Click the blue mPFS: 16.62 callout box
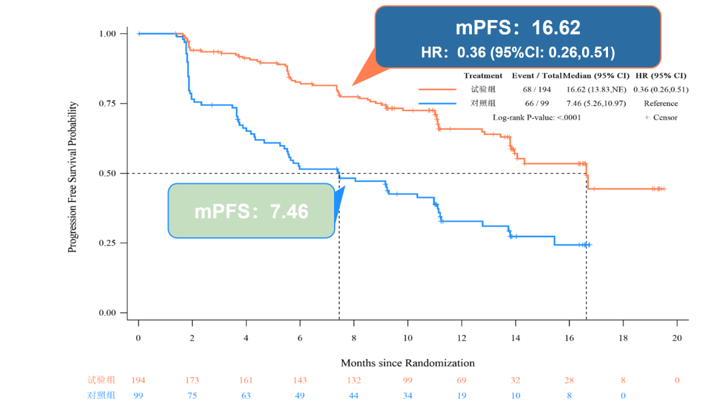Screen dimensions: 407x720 tap(517, 37)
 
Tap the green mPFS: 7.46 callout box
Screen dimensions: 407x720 tap(251, 211)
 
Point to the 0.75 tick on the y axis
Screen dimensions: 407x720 tap(108, 103)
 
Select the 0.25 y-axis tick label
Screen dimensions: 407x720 tap(108, 243)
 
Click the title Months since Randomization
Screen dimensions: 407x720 tap(407, 363)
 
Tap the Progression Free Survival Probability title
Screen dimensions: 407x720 tap(73, 177)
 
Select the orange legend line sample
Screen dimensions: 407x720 tap(437, 89)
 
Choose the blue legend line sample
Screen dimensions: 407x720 tap(437, 103)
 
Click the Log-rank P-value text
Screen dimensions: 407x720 tap(537, 117)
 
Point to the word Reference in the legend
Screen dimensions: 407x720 tap(661, 103)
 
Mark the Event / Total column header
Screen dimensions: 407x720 tap(537, 75)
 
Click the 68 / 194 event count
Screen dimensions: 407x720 tap(537, 89)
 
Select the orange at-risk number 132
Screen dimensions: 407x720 tap(353, 380)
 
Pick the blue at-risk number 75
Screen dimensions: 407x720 tap(192, 394)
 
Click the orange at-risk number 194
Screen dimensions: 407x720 tap(138, 380)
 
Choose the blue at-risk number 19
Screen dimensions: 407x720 tap(461, 394)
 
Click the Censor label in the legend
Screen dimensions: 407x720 tap(665, 117)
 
